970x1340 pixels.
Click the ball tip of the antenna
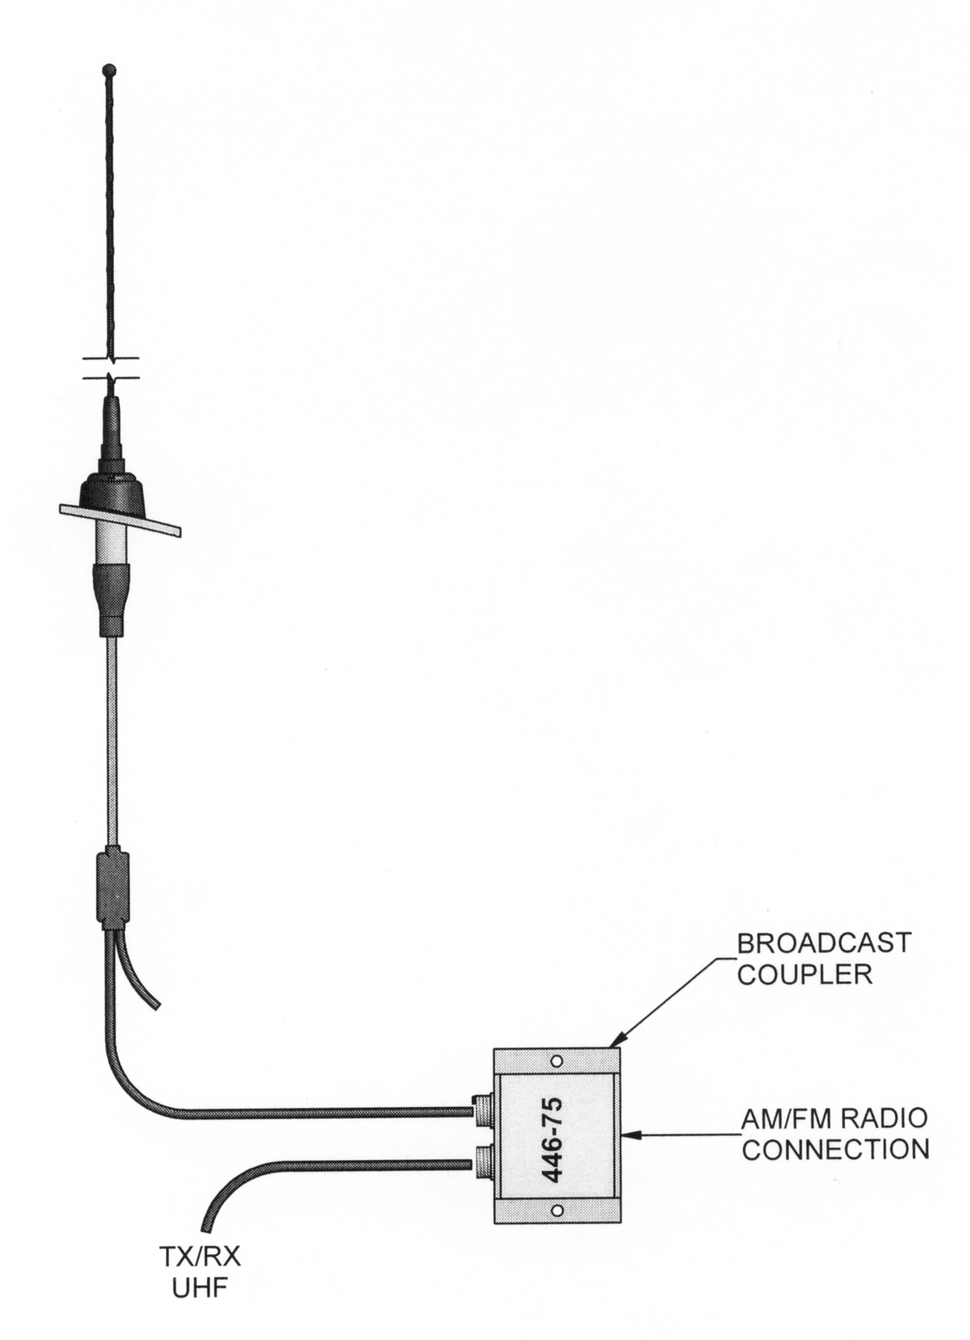pos(109,70)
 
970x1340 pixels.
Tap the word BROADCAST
pos(823,942)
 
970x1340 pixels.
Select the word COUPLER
pos(804,974)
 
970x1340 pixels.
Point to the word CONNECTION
pos(835,1149)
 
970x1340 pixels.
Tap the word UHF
pos(200,1289)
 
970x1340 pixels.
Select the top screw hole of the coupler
pos(556,1061)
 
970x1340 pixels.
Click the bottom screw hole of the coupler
pos(556,1211)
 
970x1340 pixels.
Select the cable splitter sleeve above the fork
pos(112,887)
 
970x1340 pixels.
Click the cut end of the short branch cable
pos(156,1006)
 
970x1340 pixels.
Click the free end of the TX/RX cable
pos(207,1225)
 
